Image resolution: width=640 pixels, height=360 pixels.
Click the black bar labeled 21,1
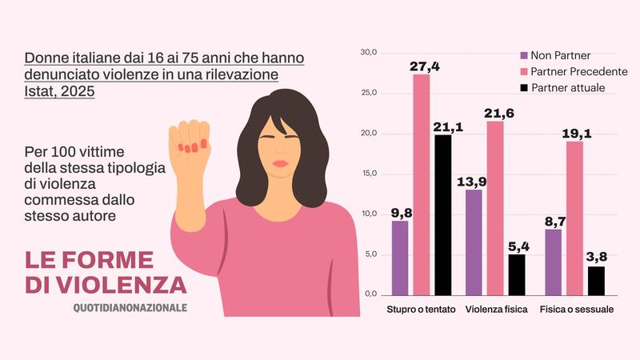[443, 214]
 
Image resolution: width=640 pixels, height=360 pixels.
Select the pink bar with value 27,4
[422, 184]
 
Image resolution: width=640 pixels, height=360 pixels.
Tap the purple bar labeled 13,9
[474, 242]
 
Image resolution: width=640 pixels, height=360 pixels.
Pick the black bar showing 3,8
[597, 280]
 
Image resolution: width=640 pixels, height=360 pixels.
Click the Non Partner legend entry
[560, 56]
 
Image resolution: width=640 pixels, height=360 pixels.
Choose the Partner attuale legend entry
[567, 87]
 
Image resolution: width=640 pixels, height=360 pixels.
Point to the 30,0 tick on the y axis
[369, 53]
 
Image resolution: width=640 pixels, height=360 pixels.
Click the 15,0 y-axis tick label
[369, 174]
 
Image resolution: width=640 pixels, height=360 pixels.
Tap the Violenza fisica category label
[496, 310]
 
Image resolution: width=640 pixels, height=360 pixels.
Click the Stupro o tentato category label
[421, 310]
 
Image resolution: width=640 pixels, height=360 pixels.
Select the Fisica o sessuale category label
[576, 310]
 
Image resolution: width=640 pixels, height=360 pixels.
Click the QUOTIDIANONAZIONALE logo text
[130, 307]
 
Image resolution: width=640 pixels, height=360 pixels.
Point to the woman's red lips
[281, 163]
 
